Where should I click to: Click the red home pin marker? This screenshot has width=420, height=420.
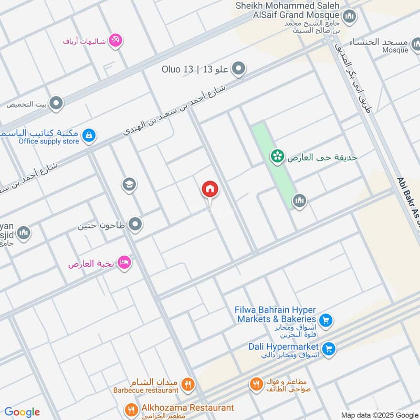pyautogui.click(x=210, y=190)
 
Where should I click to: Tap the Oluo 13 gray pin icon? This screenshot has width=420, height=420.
pyautogui.click(x=239, y=69)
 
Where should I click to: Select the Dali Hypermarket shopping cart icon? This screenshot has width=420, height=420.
pyautogui.click(x=329, y=349)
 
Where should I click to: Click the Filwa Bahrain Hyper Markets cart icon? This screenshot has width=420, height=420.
pyautogui.click(x=325, y=319)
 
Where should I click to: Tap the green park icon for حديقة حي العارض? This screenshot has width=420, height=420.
pyautogui.click(x=277, y=156)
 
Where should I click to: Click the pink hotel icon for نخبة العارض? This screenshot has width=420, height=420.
pyautogui.click(x=124, y=262)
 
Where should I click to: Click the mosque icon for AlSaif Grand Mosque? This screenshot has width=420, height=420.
pyautogui.click(x=350, y=17)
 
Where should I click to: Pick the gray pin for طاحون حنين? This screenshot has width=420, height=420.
pyautogui.click(x=135, y=225)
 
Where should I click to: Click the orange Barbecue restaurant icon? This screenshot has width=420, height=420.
pyautogui.click(x=187, y=386)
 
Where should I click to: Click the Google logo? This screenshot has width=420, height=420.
pyautogui.click(x=22, y=412)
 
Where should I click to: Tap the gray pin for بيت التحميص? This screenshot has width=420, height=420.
pyautogui.click(x=56, y=103)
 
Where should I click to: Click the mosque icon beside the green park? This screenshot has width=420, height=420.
pyautogui.click(x=299, y=201)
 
